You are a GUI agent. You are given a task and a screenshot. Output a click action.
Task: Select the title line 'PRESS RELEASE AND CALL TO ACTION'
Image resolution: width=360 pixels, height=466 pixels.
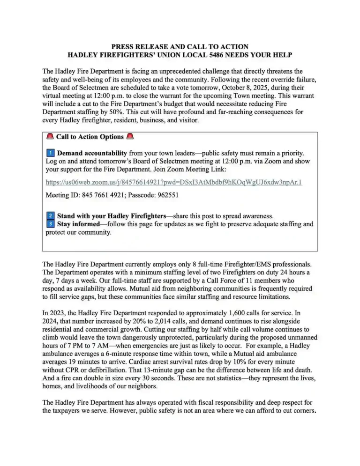(180, 47)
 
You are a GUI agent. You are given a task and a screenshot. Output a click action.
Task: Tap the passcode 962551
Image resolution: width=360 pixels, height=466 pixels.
(167, 194)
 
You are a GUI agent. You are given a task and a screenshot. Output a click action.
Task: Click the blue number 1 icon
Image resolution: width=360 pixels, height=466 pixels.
(51, 153)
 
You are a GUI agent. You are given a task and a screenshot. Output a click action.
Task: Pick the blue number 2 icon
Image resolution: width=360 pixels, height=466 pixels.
(51, 216)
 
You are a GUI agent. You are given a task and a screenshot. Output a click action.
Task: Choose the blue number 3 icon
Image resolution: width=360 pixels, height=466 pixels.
(51, 224)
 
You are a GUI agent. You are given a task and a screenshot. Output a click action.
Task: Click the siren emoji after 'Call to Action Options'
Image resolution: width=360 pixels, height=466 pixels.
(131, 137)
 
